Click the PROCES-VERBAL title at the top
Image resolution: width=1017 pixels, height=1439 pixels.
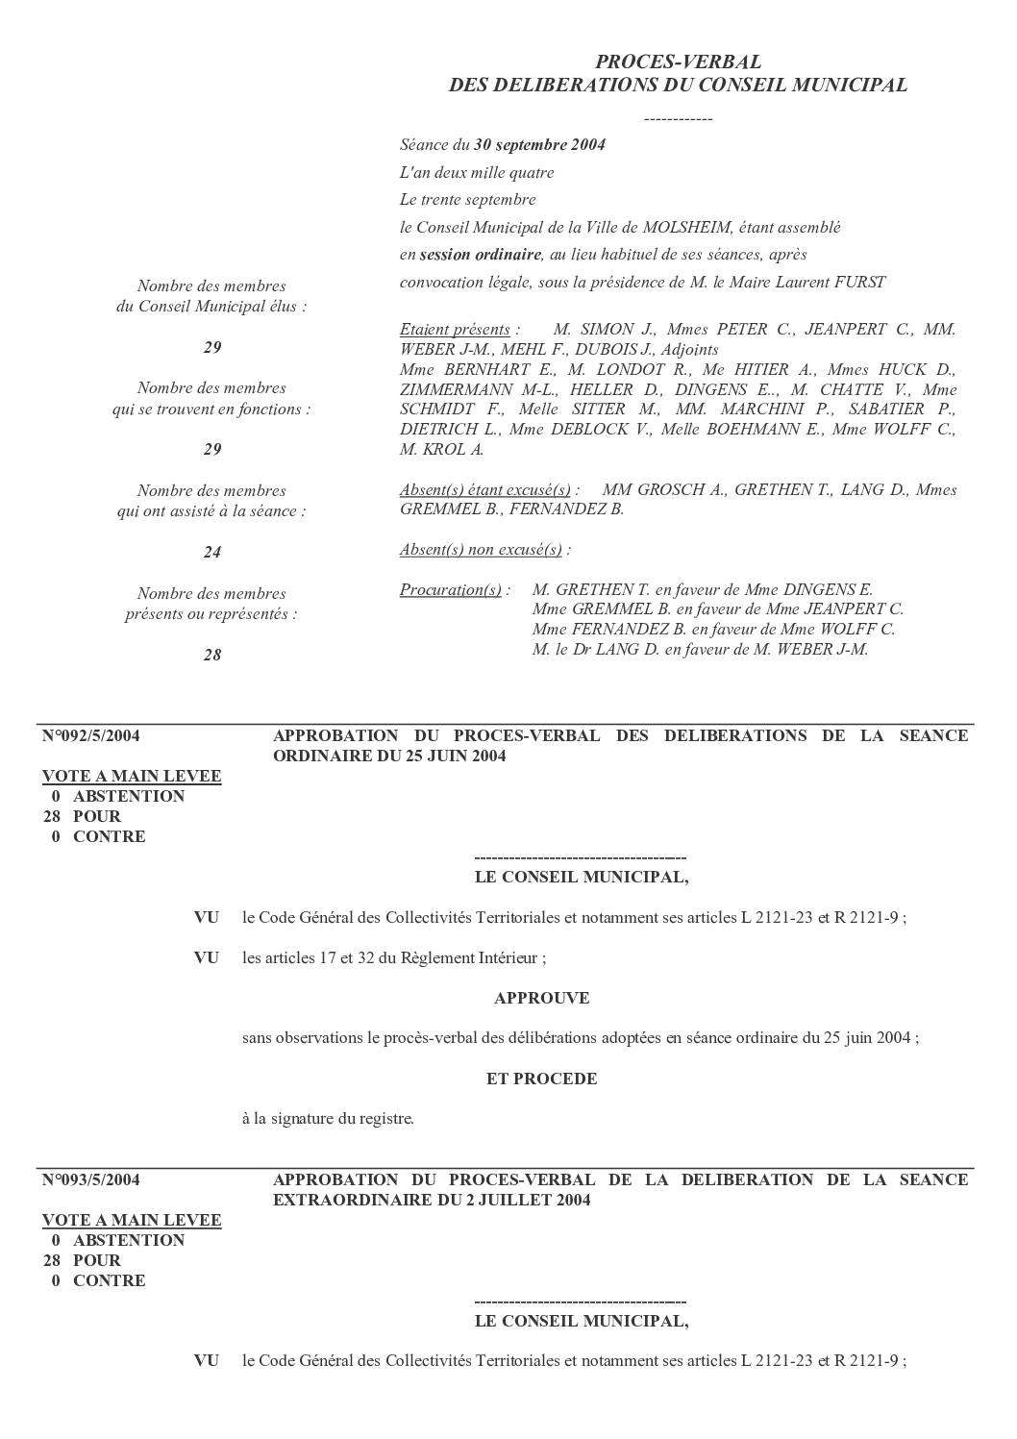pos(678,62)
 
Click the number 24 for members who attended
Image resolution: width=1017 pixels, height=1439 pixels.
pos(212,553)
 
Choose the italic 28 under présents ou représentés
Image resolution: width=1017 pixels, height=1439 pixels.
pos(212,656)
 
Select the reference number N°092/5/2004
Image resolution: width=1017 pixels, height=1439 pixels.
pos(91,736)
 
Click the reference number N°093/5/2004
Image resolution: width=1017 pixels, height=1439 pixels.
pos(91,1180)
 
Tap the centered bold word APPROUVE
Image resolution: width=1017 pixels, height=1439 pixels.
pos(541,999)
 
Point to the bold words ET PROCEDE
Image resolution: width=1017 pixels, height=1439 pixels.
pos(541,1079)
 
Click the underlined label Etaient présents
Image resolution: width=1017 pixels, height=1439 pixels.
pos(455,330)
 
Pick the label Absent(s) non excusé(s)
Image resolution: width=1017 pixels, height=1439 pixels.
pos(481,550)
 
